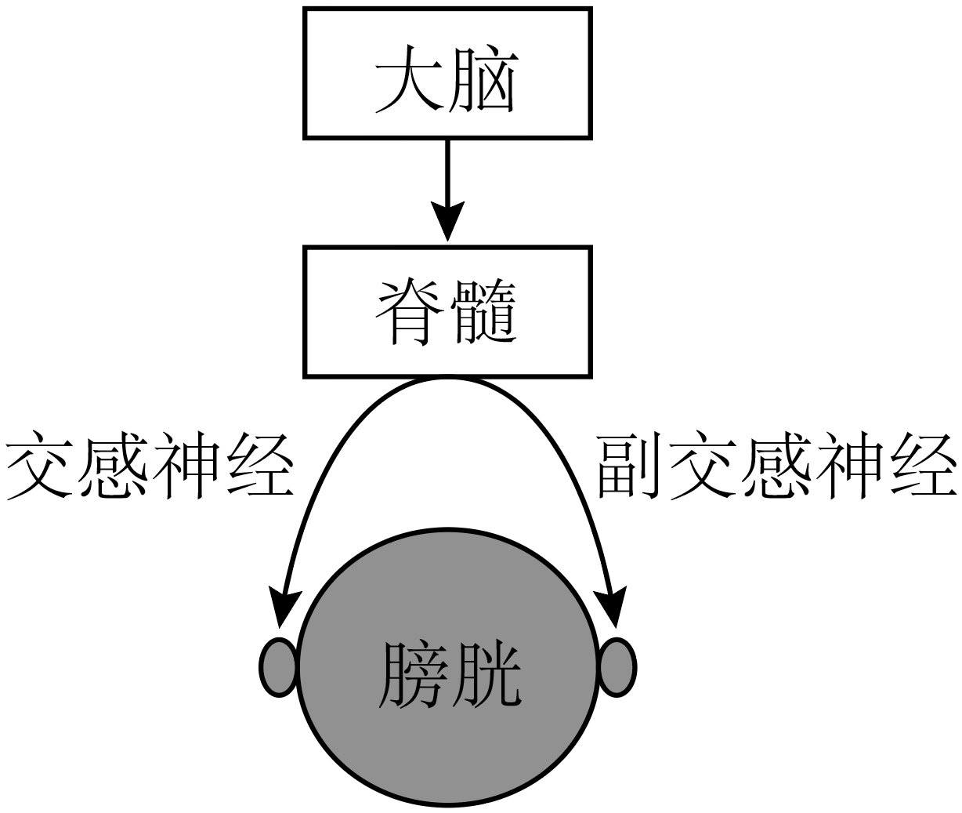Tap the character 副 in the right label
(x=632, y=466)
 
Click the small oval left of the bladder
(x=278, y=667)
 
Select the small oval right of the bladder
(x=617, y=667)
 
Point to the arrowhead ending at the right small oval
(x=614, y=607)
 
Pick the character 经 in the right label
(x=921, y=466)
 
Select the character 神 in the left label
(x=187, y=466)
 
